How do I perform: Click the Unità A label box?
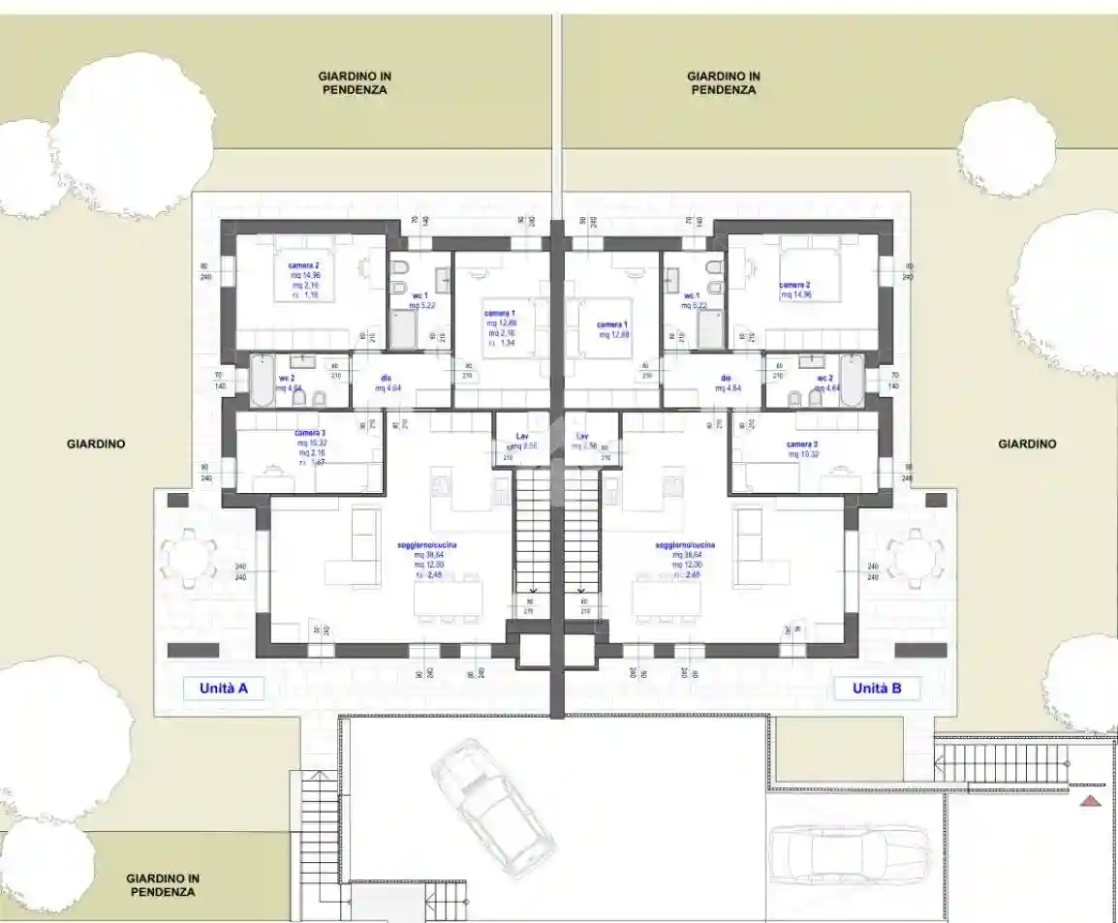click(x=224, y=689)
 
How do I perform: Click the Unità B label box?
click(x=877, y=689)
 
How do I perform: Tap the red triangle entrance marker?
click(x=1091, y=800)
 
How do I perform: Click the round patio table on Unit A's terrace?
click(x=188, y=558)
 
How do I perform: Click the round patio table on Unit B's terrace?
click(x=915, y=558)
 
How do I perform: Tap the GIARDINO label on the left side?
click(x=96, y=445)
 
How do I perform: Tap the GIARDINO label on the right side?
click(x=1027, y=445)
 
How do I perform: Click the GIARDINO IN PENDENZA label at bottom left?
click(x=163, y=884)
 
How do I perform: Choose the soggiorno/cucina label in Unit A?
click(x=427, y=545)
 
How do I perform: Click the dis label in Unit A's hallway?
click(x=386, y=378)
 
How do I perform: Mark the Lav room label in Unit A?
click(x=523, y=437)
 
